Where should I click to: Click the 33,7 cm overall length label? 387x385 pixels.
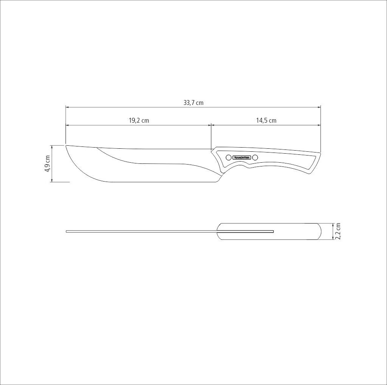click(x=193, y=103)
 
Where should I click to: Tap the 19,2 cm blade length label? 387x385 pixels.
click(x=139, y=120)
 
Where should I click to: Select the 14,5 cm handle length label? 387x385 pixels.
click(x=266, y=120)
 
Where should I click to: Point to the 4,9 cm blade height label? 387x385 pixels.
click(x=47, y=164)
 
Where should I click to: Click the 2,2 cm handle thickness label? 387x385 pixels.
click(x=337, y=231)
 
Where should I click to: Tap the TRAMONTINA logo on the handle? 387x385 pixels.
click(x=242, y=157)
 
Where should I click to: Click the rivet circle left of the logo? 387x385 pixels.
click(x=229, y=157)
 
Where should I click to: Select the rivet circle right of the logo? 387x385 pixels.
click(x=255, y=157)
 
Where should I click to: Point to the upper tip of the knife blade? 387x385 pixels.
click(x=65, y=145)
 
